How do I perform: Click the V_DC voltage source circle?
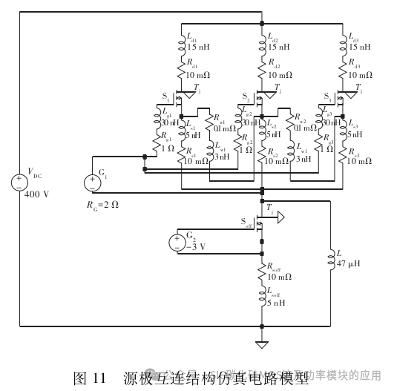click(x=19, y=182)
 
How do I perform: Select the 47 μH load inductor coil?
click(x=330, y=260)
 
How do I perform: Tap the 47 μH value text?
click(x=349, y=263)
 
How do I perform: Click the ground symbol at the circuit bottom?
click(x=261, y=344)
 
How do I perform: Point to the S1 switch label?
click(x=166, y=97)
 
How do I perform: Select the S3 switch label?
click(x=328, y=97)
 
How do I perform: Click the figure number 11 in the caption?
click(x=100, y=378)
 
